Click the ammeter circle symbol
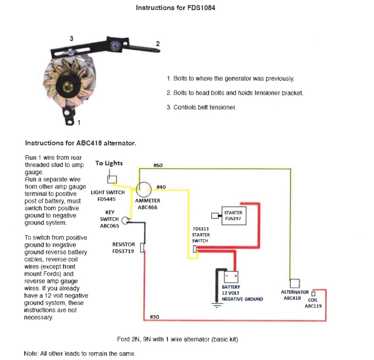144,189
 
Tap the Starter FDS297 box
233,215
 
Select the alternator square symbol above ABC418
294,284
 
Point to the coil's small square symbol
313,294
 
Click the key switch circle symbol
125,221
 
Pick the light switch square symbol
112,180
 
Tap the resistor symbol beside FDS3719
142,248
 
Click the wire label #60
158,165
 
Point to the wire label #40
161,187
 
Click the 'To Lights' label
109,163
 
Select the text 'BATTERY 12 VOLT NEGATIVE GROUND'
242,293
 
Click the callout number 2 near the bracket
157,44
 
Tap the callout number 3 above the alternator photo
71,38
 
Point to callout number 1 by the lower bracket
79,121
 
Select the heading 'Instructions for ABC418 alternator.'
80,143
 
